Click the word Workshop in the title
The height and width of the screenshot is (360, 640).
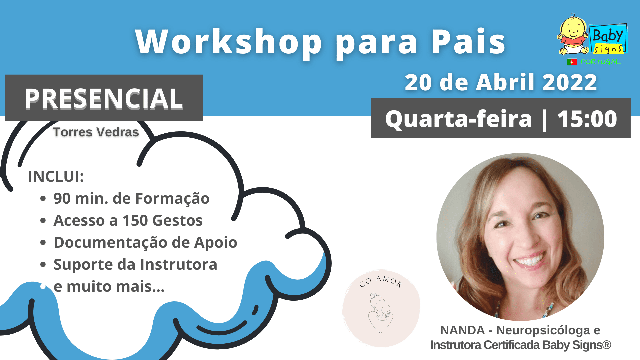[x=229, y=42]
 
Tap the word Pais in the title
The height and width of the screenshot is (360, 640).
[x=468, y=42]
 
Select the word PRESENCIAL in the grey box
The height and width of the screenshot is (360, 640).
[x=104, y=99]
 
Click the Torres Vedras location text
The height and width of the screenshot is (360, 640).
[x=96, y=132]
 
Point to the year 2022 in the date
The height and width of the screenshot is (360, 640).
[x=569, y=83]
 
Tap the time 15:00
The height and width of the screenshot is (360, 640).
[x=587, y=119]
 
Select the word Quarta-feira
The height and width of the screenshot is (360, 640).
[x=459, y=119]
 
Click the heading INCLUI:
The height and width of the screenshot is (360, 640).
[x=56, y=176]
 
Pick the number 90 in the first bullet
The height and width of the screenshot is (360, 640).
[x=62, y=199]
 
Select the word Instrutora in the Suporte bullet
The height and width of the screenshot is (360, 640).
[x=179, y=265]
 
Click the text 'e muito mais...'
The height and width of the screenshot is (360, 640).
[x=109, y=287]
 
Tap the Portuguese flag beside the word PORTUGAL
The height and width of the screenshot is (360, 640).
[x=572, y=62]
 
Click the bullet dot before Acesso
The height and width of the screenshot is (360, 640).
[x=43, y=221]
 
